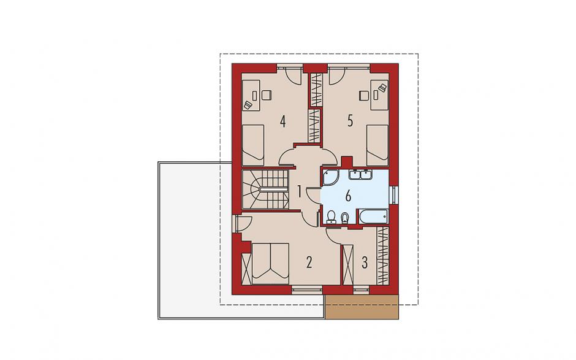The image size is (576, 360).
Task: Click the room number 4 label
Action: pos(282,121)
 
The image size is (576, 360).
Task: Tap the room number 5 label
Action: pos(350,121)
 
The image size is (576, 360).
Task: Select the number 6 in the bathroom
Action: pos(348,196)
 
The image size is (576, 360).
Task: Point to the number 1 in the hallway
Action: pos(300,191)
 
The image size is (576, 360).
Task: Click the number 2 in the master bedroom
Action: pos(309,262)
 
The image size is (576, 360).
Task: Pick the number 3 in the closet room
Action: pos(365,262)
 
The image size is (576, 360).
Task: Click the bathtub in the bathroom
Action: pos(373,216)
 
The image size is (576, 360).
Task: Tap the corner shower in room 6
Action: pos(332,177)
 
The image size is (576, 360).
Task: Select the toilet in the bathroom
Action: pos(331,217)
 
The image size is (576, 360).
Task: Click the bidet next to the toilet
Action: pos(344,218)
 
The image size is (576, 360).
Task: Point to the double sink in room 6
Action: pos(360,174)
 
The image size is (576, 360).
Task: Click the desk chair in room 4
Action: pos(265,95)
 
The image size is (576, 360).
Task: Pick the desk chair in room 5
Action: pos(364,95)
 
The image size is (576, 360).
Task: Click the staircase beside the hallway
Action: pos(265,190)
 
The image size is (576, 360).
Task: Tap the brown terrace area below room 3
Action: pos(362,307)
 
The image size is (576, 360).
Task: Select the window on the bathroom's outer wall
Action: pos(395,195)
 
